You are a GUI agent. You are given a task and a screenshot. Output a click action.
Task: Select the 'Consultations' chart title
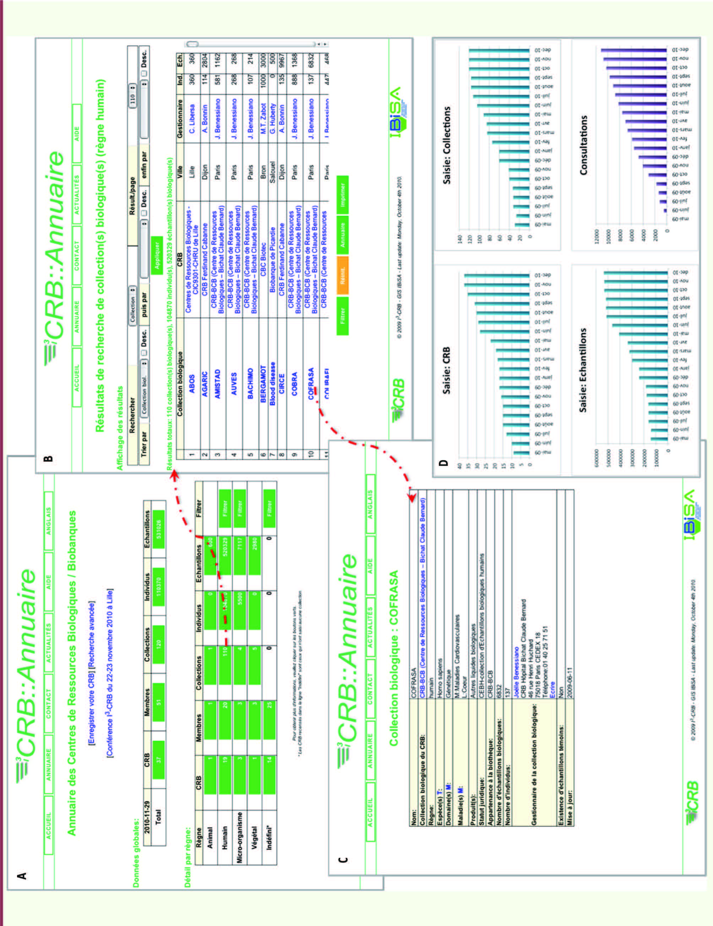tap(584, 145)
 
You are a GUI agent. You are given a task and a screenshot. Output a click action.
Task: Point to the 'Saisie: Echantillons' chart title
tap(584, 370)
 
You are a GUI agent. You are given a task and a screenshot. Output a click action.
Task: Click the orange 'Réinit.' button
tap(343, 276)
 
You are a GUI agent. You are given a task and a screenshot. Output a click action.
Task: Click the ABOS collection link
tap(192, 383)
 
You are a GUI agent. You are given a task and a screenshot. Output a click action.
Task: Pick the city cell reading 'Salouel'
tap(273, 172)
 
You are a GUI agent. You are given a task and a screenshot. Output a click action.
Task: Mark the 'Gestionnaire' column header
tap(180, 118)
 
